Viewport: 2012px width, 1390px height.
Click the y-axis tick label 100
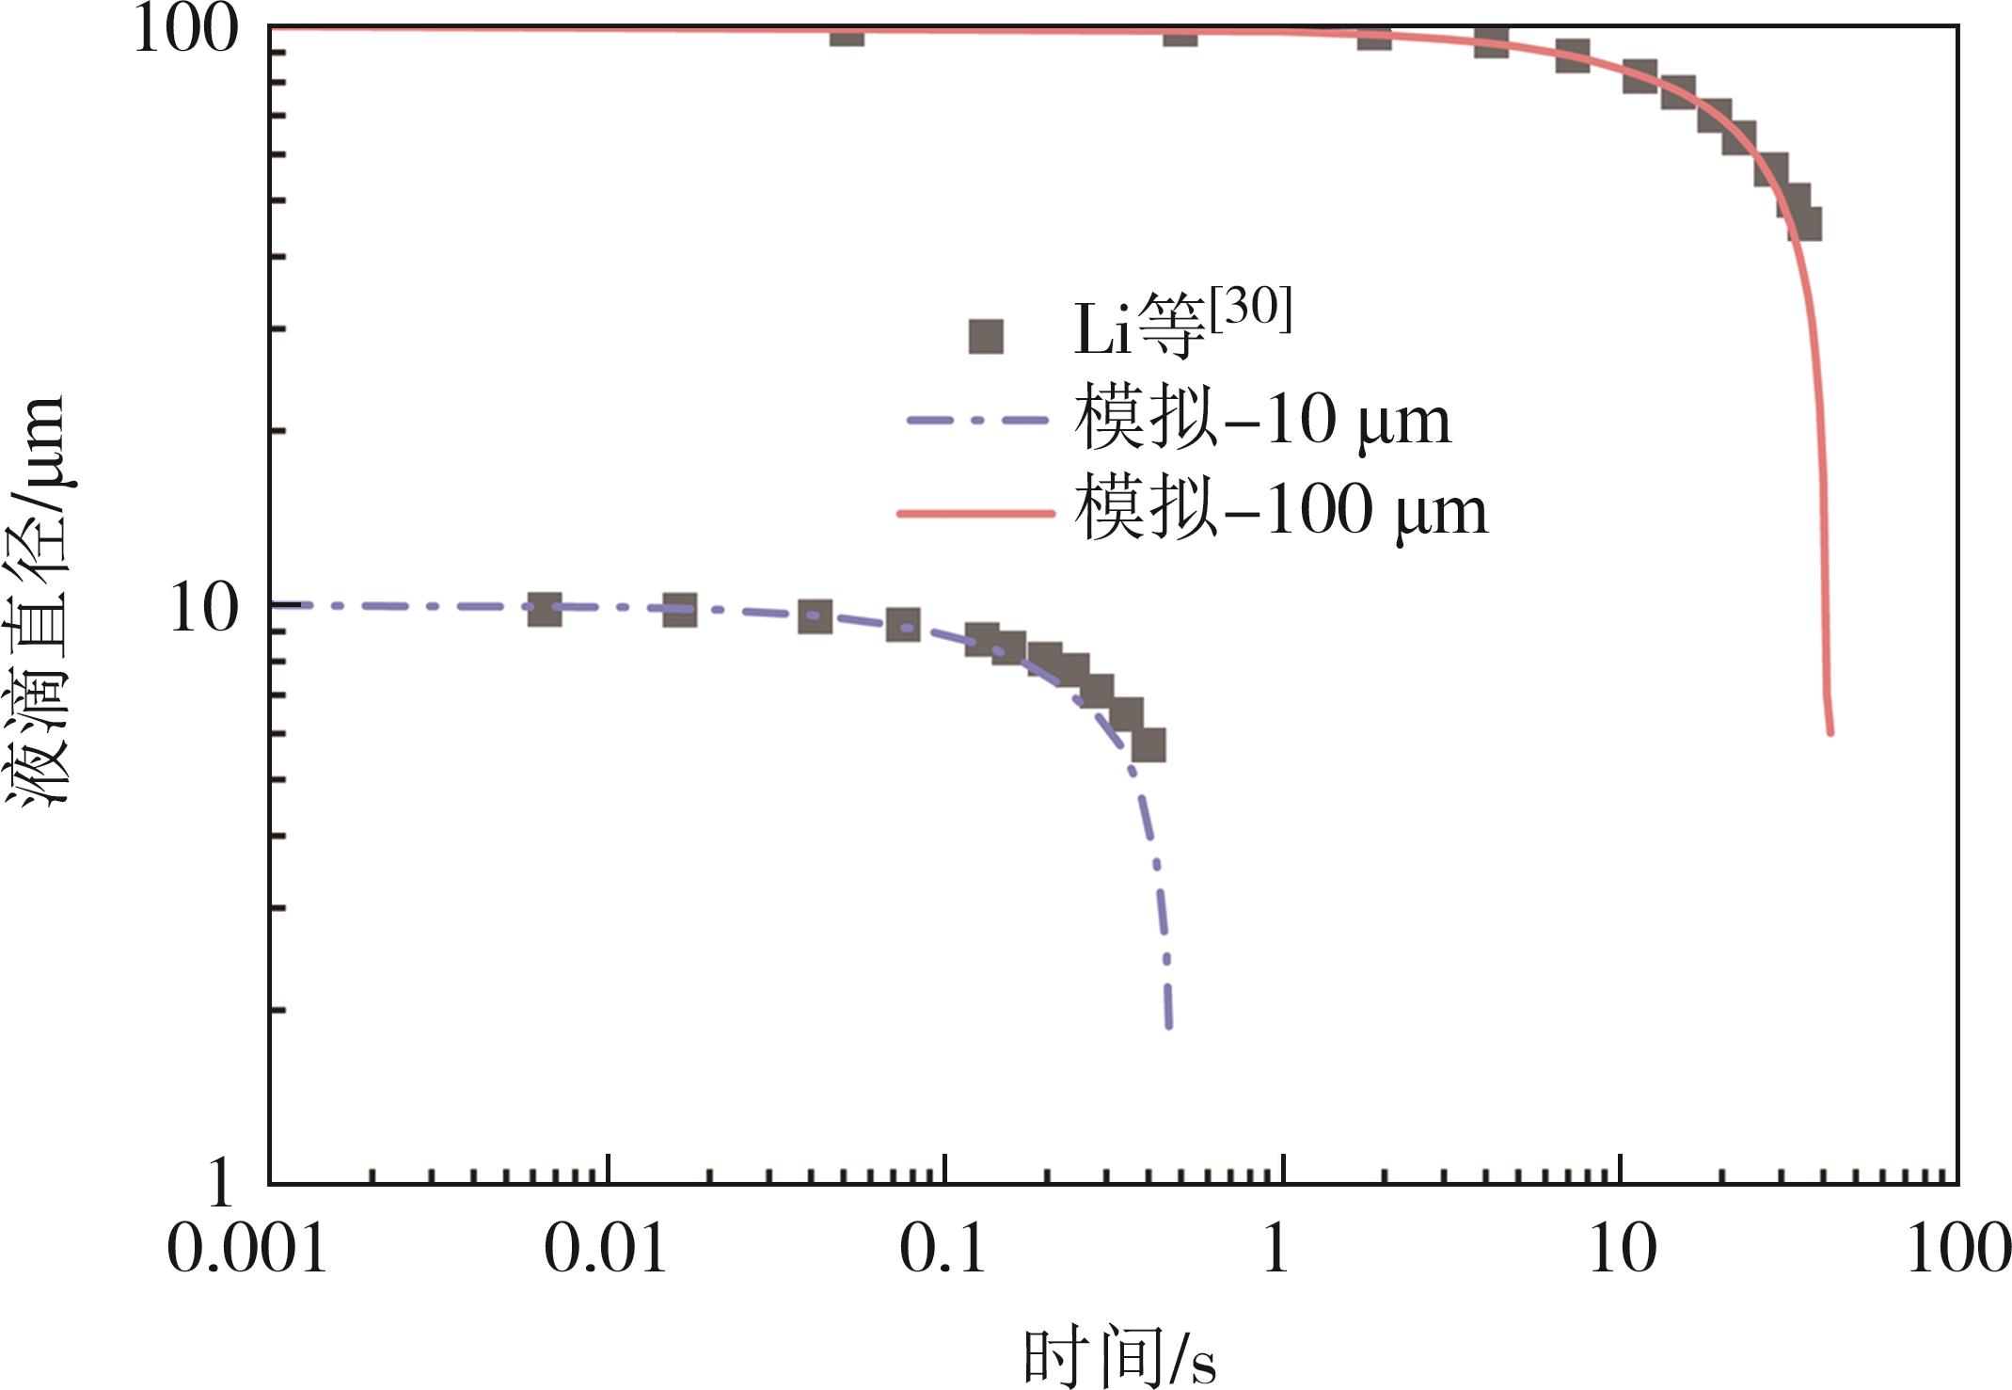tap(185, 30)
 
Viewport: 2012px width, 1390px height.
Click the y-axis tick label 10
tap(203, 608)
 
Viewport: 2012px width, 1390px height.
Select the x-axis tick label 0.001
tap(246, 1251)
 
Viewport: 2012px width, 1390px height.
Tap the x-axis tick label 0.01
tap(605, 1251)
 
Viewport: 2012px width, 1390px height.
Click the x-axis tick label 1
tap(1275, 1251)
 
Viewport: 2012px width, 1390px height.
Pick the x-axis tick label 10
tap(1622, 1251)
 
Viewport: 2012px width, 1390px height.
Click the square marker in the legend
tap(986, 336)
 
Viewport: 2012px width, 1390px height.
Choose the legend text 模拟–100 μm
tap(1280, 511)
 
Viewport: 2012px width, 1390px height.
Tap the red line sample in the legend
tap(975, 513)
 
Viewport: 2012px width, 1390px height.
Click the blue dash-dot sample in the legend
tap(975, 421)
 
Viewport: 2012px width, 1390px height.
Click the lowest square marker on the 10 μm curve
tap(1148, 744)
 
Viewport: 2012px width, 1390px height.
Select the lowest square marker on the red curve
tap(1804, 224)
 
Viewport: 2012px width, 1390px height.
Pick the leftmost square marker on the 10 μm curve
tap(545, 609)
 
